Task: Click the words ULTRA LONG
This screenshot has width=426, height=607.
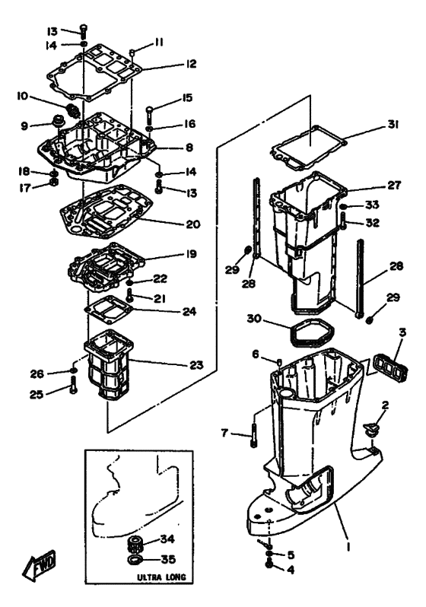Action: [161, 577]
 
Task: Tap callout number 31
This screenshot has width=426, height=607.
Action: [393, 124]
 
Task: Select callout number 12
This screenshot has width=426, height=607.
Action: [191, 64]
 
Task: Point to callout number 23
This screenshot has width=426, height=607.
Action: [196, 364]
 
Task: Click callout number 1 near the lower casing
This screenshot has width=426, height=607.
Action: [348, 546]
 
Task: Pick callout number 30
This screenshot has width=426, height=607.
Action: [254, 319]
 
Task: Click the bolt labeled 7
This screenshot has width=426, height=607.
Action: [254, 435]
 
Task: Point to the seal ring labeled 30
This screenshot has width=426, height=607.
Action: [311, 332]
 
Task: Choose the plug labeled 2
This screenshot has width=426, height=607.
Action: [370, 431]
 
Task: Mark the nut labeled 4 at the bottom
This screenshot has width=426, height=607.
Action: [269, 565]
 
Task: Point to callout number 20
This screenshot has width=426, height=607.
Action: [193, 224]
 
